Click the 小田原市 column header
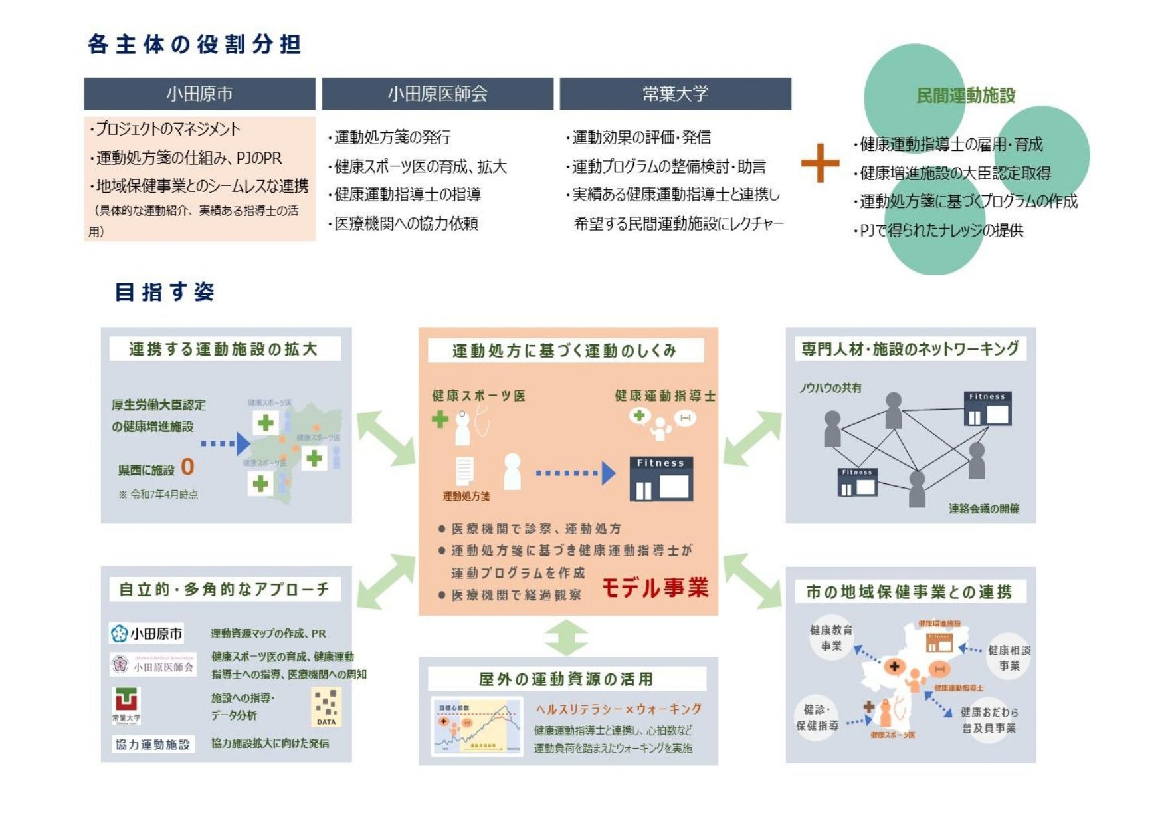tap(199, 94)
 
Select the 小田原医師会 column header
tap(437, 94)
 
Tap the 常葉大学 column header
tap(675, 94)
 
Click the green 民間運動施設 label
tap(965, 96)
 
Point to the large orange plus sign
tap(820, 163)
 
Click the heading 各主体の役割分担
tap(195, 45)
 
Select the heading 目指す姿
tap(164, 292)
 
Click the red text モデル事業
tap(655, 587)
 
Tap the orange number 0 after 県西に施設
tap(187, 467)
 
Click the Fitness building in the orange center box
tap(660, 479)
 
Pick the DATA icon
tap(326, 707)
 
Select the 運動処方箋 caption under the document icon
tap(466, 496)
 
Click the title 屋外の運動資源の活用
tap(566, 679)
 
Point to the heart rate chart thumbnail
tap(477, 726)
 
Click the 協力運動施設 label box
tap(153, 744)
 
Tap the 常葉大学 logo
tap(126, 705)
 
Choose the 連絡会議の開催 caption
tap(983, 509)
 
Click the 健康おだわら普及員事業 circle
tap(989, 720)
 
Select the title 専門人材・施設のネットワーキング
tap(910, 349)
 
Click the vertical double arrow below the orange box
tap(566, 638)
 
